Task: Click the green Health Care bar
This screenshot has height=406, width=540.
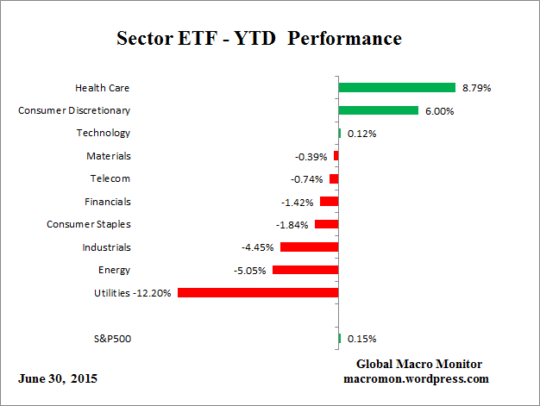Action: pos(397,87)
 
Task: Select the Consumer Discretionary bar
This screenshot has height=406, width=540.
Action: pos(378,110)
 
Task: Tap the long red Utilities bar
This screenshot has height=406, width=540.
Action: pos(257,292)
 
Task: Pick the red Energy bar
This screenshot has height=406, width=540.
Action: pos(305,270)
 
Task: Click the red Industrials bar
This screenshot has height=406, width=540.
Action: pos(309,247)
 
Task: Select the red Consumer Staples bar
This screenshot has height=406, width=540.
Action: pos(326,224)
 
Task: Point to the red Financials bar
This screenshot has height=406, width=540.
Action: pos(329,202)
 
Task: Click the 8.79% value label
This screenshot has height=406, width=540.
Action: pos(476,88)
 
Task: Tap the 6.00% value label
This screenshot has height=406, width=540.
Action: pos(439,110)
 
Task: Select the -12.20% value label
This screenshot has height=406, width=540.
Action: pos(153,293)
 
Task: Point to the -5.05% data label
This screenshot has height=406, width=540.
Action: pos(250,270)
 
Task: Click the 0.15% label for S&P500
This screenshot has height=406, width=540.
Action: pos(361,339)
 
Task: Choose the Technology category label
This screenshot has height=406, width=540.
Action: pos(104,133)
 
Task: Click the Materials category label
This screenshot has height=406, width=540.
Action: pos(109,156)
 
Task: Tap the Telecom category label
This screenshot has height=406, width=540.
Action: pos(110,178)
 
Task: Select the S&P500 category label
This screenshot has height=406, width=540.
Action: pos(111,339)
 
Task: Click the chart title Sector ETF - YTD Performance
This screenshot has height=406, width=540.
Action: pos(259,40)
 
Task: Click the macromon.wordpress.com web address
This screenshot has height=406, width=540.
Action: pos(417,378)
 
